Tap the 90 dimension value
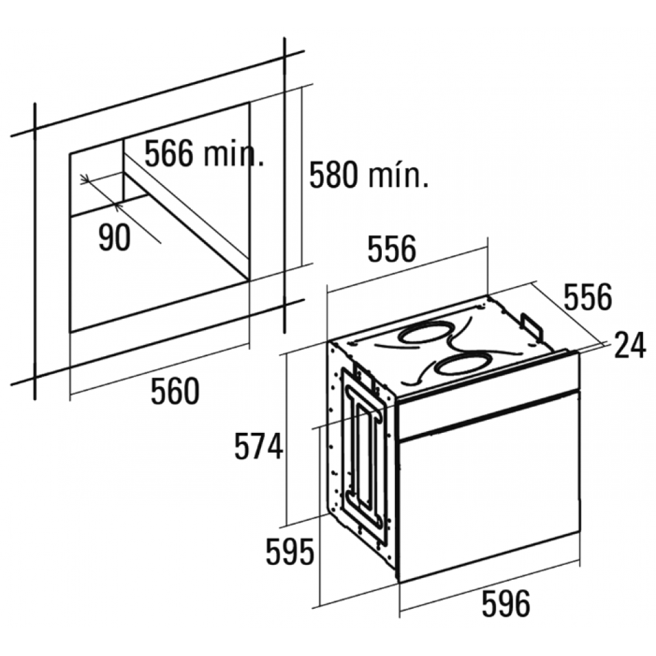click(x=114, y=237)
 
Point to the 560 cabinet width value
click(x=175, y=391)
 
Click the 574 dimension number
click(x=258, y=446)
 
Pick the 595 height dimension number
click(x=289, y=552)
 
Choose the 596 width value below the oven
click(x=505, y=603)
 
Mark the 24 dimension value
click(x=630, y=345)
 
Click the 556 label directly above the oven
click(x=392, y=249)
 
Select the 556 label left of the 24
click(x=587, y=297)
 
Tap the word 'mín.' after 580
click(x=399, y=175)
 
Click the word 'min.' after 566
click(x=234, y=154)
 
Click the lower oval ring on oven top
click(x=462, y=365)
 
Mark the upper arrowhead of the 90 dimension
click(x=85, y=179)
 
